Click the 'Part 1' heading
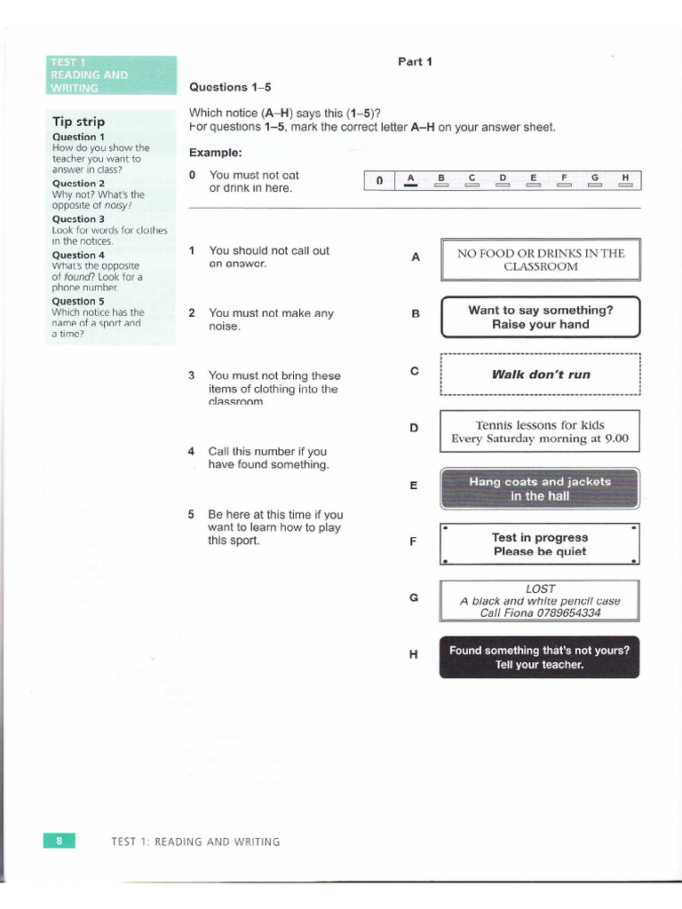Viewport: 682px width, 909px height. pyautogui.click(x=415, y=61)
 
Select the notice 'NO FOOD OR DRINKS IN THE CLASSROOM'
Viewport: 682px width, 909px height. pyautogui.click(x=540, y=259)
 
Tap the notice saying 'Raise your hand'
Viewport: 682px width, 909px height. pyautogui.click(x=540, y=317)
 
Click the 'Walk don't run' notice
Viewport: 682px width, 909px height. pyautogui.click(x=540, y=375)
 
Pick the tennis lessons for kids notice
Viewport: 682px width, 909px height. pyautogui.click(x=540, y=431)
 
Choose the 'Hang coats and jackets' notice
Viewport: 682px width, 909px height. pyautogui.click(x=540, y=488)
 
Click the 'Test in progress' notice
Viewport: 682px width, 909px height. pyautogui.click(x=540, y=544)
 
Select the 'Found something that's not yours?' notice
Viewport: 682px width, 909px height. pyautogui.click(x=539, y=658)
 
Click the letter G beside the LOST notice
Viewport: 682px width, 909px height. pyautogui.click(x=414, y=597)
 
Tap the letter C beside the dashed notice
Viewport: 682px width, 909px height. pyautogui.click(x=414, y=371)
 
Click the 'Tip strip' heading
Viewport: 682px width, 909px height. pyautogui.click(x=78, y=122)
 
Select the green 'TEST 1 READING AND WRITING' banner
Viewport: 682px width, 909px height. pyautogui.click(x=112, y=75)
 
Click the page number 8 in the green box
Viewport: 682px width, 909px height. pyautogui.click(x=59, y=841)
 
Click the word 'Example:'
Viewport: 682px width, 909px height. pyautogui.click(x=216, y=153)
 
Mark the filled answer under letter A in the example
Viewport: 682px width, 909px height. pyautogui.click(x=410, y=186)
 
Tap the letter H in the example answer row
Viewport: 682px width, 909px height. pyautogui.click(x=626, y=178)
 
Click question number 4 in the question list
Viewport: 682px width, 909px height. pyautogui.click(x=192, y=452)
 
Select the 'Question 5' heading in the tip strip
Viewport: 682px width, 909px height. pyautogui.click(x=78, y=301)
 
